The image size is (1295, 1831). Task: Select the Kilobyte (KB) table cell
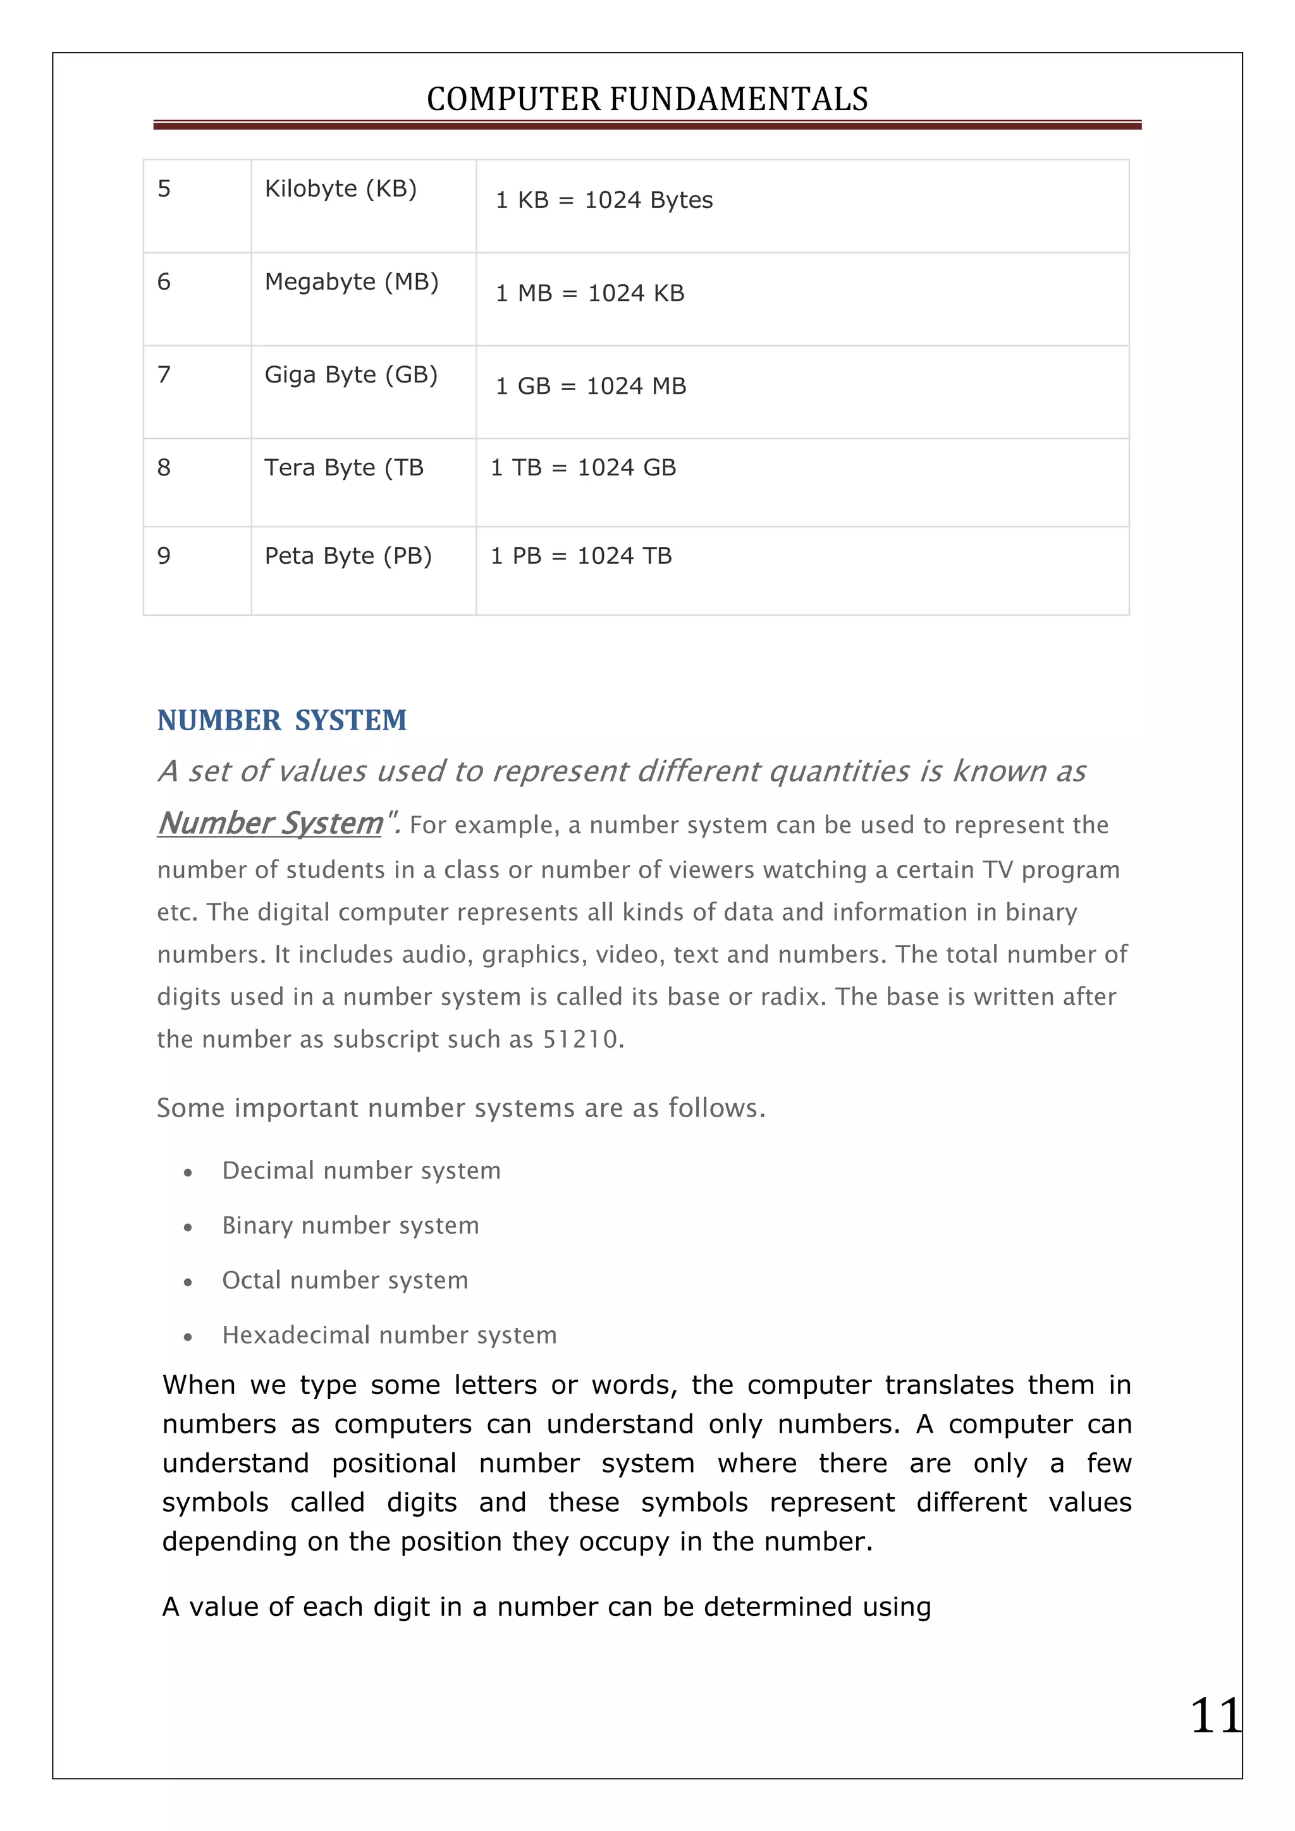pos(340,189)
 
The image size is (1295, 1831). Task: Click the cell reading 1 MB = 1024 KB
pos(589,293)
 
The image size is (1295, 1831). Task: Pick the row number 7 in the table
pos(164,375)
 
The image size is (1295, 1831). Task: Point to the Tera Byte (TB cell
pos(344,467)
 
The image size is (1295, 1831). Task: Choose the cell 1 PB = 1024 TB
pos(580,556)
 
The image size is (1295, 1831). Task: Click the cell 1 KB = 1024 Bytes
pos(604,200)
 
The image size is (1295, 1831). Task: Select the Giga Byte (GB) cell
pos(351,375)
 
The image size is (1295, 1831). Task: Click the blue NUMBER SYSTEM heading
pos(281,720)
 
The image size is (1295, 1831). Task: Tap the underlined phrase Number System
pos(271,823)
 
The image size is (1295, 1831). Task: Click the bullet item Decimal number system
pos(361,1171)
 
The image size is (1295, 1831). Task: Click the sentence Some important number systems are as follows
pos(460,1108)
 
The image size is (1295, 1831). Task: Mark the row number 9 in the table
pos(164,556)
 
